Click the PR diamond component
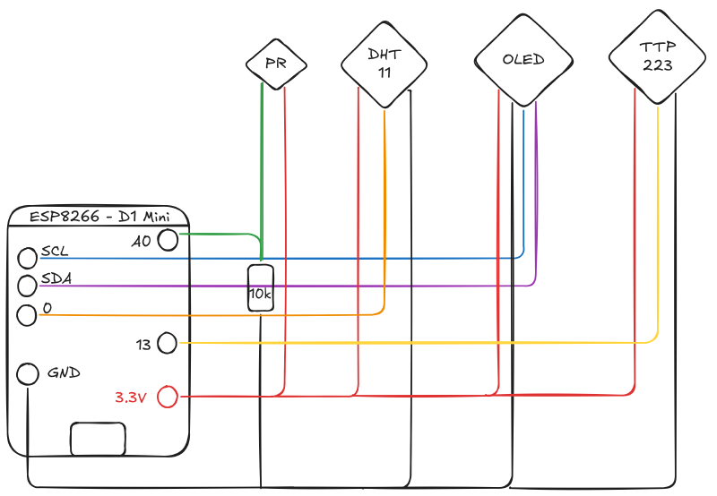276,63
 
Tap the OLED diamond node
523,60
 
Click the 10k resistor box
261,288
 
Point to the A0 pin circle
168,239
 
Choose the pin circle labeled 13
168,342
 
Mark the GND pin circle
29,373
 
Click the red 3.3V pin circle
168,396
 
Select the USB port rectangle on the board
98,440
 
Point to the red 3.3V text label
131,398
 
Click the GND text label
65,372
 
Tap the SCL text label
56,252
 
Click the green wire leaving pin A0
220,235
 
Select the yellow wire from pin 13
403,342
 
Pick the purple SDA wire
358,286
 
